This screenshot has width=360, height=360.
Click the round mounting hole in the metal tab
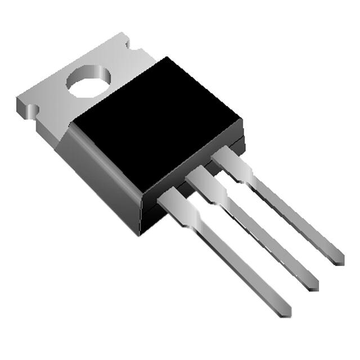pos(88,82)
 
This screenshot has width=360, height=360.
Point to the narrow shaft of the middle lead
pos(264,239)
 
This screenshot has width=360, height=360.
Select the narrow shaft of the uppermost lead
pos(292,214)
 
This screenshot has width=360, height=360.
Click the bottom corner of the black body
pos(142,232)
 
